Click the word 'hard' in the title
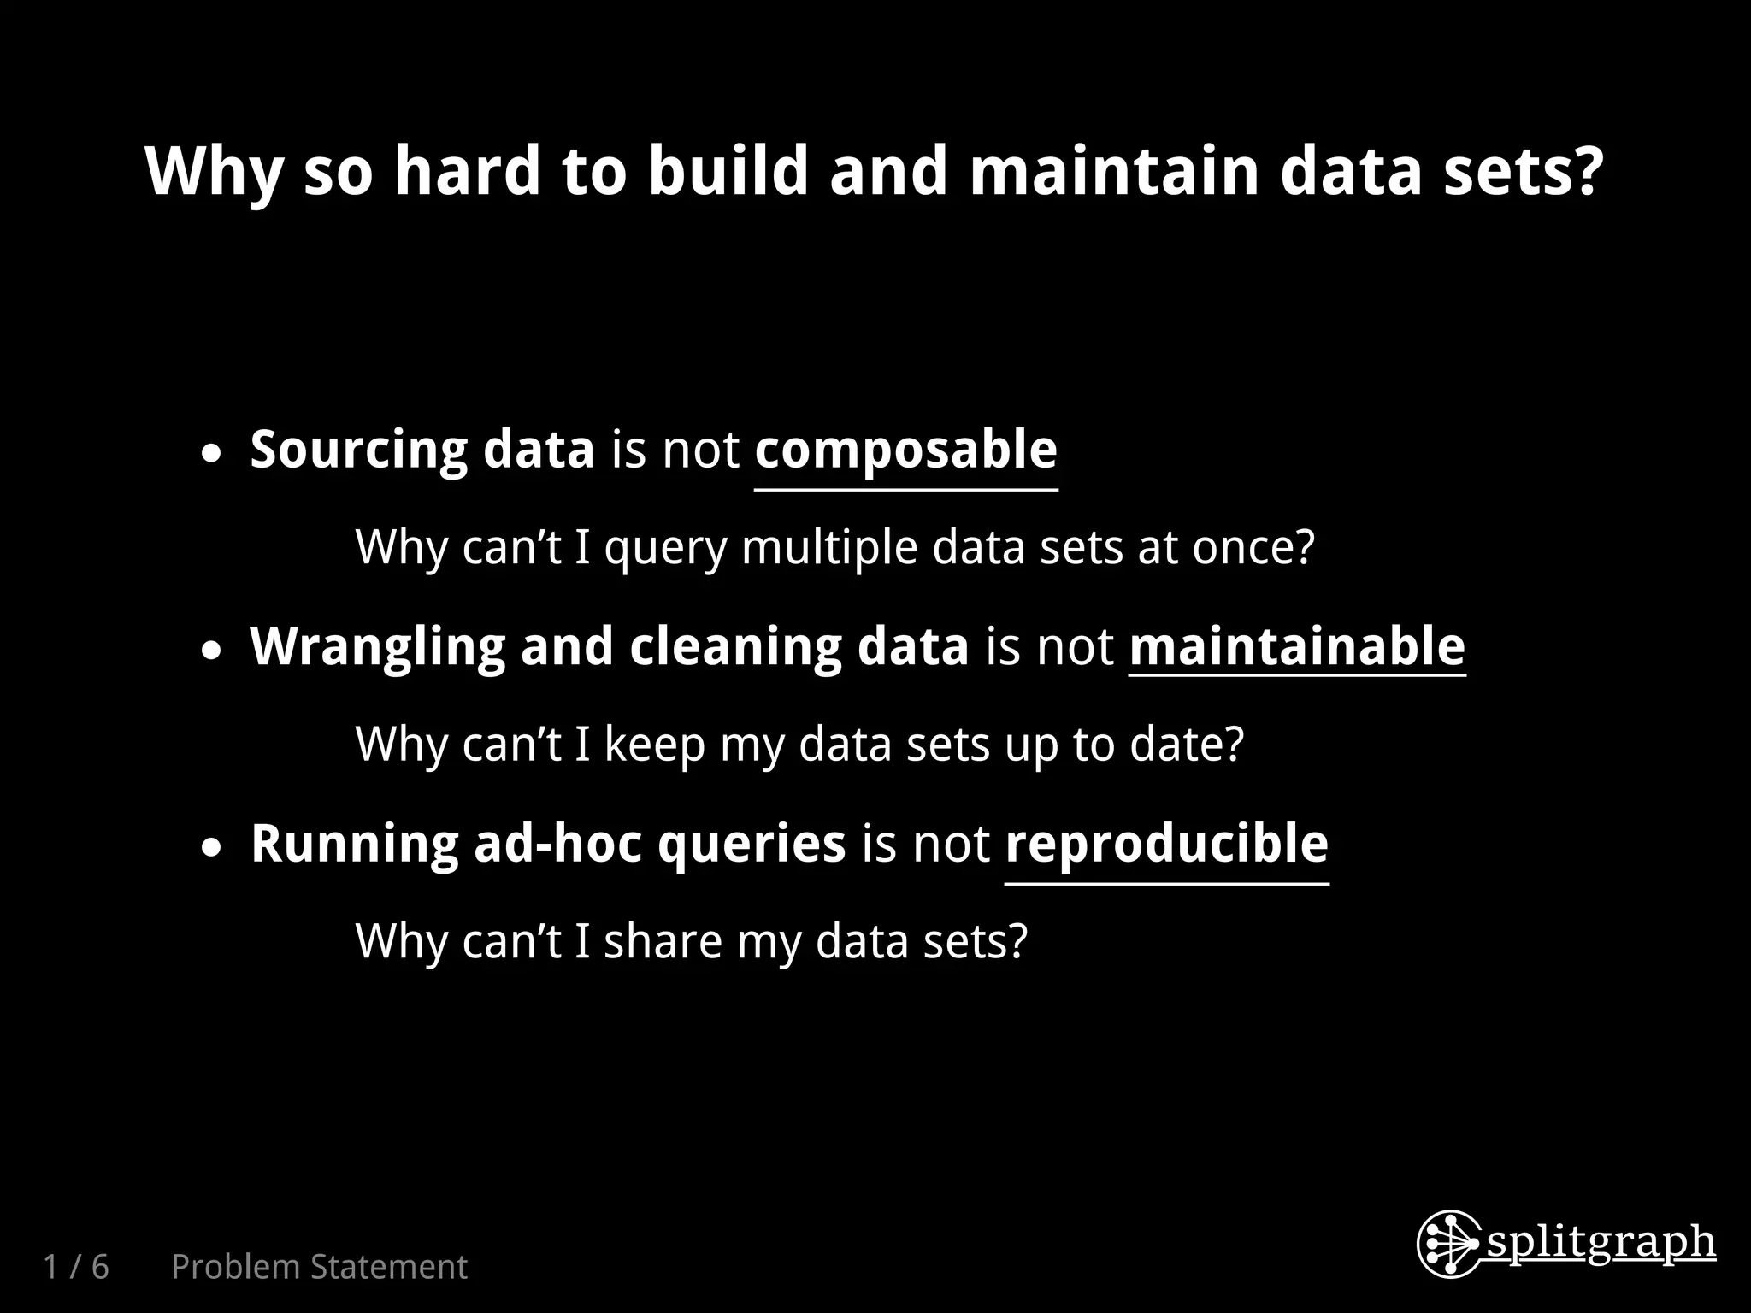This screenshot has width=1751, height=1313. [467, 170]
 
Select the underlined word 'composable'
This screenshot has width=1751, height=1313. [905, 450]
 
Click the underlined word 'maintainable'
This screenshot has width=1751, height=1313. [1297, 646]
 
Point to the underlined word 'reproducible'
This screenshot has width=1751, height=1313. [1166, 844]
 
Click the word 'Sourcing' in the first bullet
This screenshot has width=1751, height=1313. [358, 450]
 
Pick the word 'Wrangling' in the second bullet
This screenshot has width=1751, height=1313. [377, 646]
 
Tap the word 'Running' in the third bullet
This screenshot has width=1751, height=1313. [354, 844]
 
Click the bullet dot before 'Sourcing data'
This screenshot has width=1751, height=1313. [212, 454]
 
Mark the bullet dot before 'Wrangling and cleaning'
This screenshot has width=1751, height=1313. [212, 651]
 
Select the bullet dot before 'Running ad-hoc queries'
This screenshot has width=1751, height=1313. [212, 848]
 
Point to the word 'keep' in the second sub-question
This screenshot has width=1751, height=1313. [654, 745]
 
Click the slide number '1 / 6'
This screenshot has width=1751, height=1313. [76, 1267]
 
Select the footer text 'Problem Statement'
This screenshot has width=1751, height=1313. [319, 1267]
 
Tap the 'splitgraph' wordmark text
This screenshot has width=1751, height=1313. [1601, 1243]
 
